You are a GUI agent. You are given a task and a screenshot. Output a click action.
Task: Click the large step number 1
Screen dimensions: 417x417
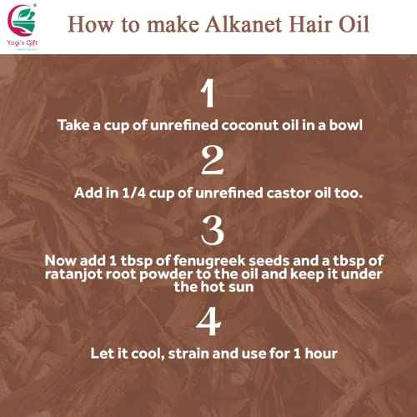click(x=208, y=93)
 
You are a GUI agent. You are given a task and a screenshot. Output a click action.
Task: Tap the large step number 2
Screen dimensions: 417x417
click(x=208, y=159)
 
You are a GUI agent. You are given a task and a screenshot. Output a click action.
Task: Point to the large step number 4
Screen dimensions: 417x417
click(x=208, y=319)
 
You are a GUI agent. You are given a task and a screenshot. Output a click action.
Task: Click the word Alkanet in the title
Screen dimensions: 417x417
click(x=251, y=23)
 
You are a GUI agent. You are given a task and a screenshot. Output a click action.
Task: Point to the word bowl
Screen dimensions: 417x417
click(x=341, y=125)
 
